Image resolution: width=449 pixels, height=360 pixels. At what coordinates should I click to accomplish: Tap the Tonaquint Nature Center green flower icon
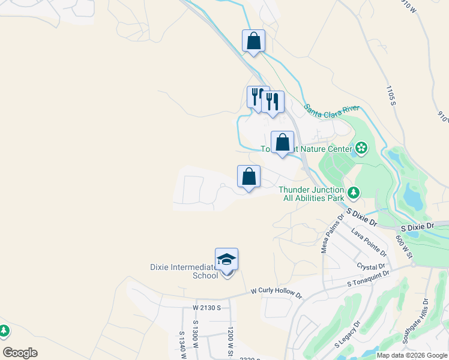(x=361, y=148)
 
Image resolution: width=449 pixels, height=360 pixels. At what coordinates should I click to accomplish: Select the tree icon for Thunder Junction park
(x=354, y=193)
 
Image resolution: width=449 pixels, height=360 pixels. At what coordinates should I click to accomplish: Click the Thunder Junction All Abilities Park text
(x=311, y=193)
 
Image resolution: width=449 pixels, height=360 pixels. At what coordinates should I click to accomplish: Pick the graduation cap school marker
(x=227, y=260)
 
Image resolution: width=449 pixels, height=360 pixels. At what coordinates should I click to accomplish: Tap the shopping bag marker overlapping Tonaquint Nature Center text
(x=282, y=143)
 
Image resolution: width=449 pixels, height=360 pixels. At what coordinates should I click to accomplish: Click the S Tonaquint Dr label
(x=369, y=277)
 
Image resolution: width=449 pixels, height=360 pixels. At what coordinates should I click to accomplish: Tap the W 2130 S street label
(x=207, y=307)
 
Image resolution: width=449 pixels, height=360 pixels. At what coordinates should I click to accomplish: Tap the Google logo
(x=20, y=353)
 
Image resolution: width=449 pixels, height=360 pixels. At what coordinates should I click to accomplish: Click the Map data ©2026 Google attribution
(x=411, y=355)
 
